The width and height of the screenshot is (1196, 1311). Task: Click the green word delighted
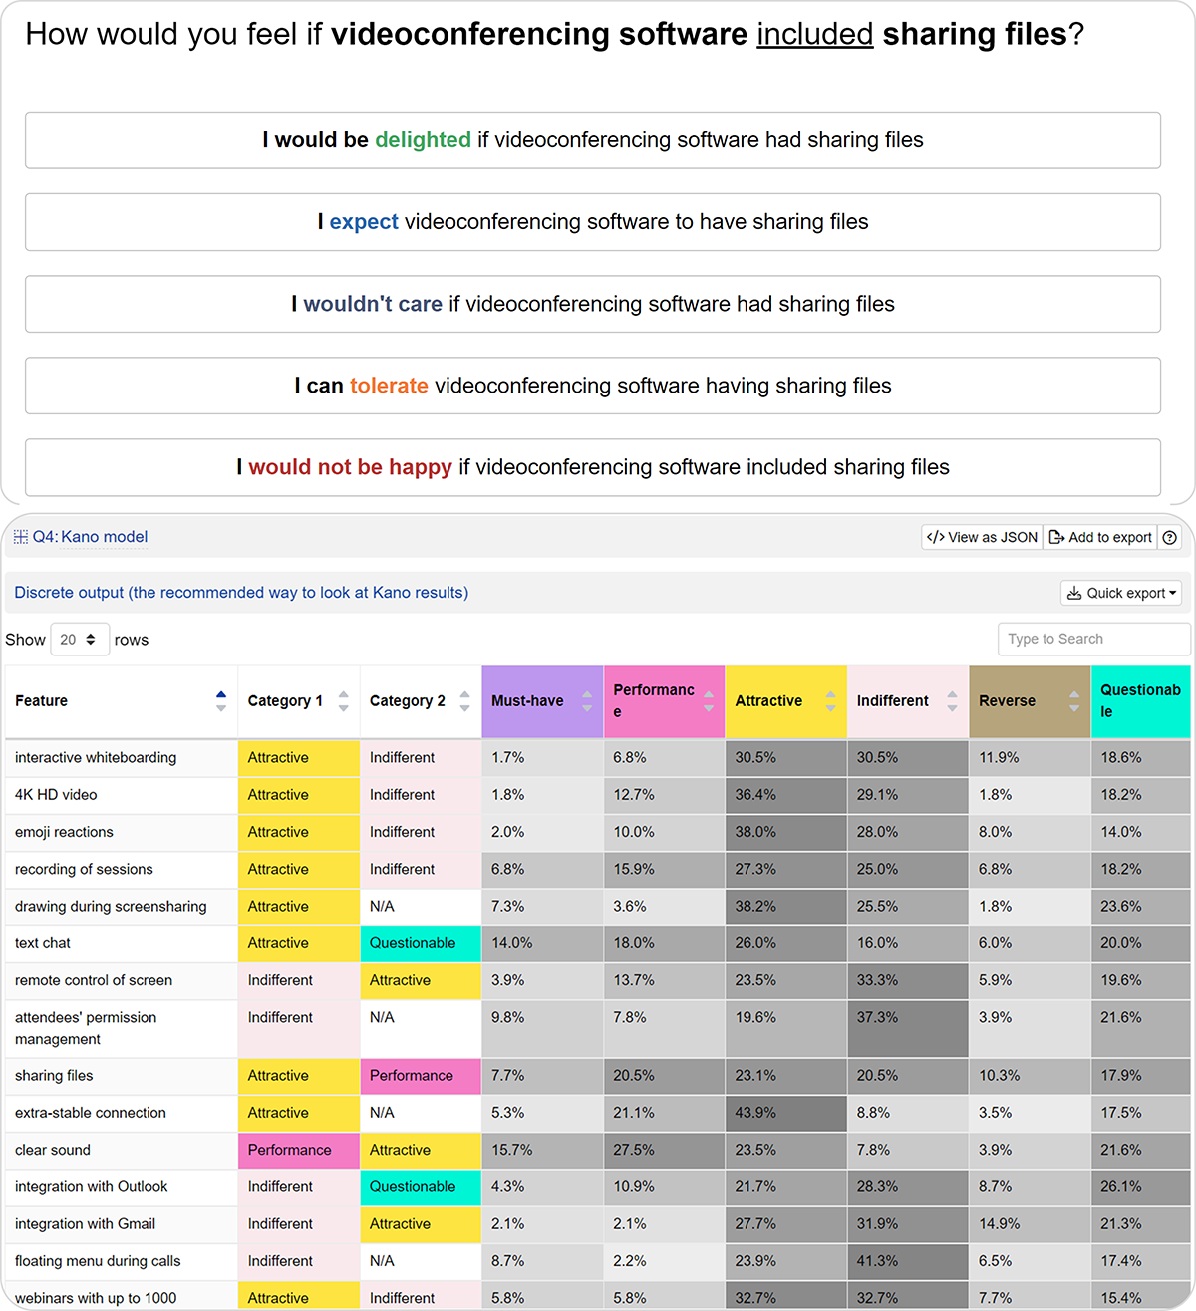tap(423, 140)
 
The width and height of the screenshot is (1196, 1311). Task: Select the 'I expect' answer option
tap(592, 222)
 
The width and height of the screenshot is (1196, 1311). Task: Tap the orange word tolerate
tap(389, 386)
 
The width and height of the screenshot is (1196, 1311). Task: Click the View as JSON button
tap(982, 537)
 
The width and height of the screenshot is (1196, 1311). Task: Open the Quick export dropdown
tap(1120, 593)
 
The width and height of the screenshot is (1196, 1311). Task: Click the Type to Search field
tap(1093, 639)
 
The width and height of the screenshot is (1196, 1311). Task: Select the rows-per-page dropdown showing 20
tap(78, 640)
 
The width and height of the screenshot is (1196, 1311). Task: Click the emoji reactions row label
tap(64, 832)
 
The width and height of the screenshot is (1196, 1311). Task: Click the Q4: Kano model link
tap(90, 537)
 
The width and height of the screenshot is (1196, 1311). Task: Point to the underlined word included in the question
tap(814, 34)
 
